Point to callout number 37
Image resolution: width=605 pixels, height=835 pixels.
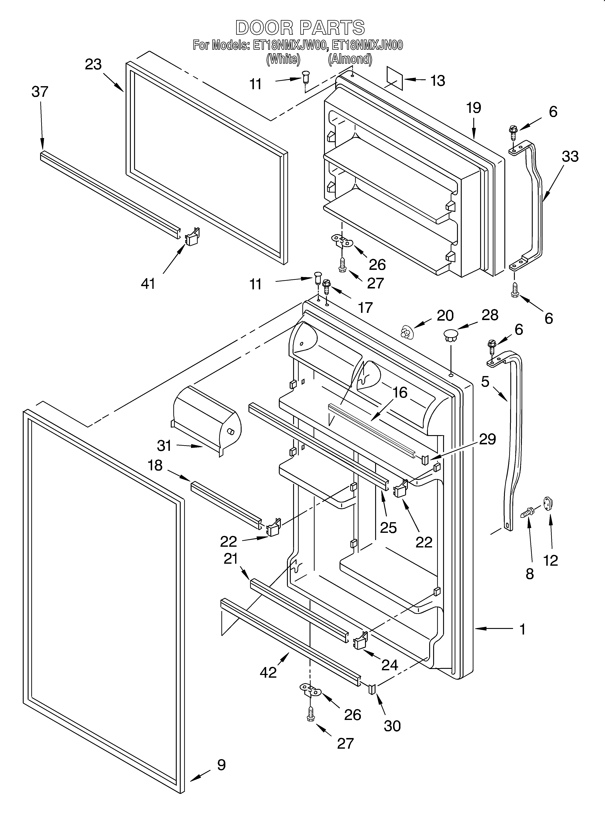tap(40, 92)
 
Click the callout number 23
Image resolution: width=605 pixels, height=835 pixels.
tap(93, 64)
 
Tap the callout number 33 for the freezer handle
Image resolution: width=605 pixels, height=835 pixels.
tap(570, 156)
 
